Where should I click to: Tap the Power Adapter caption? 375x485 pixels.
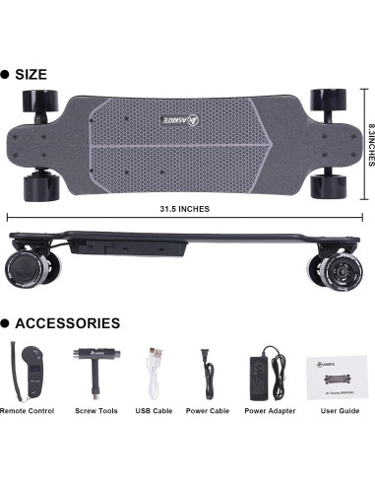point(268,410)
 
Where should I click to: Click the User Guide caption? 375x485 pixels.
point(331,410)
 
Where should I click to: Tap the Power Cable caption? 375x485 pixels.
point(208,410)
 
